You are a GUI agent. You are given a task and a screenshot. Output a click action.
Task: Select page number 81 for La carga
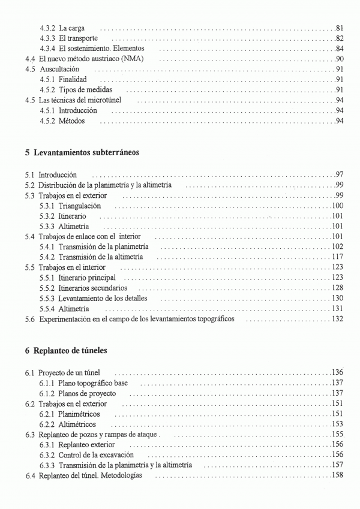[339, 28]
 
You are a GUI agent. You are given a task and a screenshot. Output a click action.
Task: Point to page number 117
[337, 257]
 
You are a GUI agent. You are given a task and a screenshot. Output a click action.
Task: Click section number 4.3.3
[47, 38]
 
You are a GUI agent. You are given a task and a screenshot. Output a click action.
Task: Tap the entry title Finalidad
[73, 79]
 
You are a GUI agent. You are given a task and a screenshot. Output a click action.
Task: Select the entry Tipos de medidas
[85, 90]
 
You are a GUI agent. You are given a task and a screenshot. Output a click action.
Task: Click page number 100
[337, 206]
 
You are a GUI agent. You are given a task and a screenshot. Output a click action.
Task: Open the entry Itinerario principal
[87, 278]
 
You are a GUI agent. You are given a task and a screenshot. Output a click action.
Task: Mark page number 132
[337, 319]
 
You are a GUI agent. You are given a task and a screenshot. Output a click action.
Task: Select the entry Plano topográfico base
[93, 382]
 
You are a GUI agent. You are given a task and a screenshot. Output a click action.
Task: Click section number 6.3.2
[47, 454]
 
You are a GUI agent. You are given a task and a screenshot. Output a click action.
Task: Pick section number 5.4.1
[47, 246]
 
